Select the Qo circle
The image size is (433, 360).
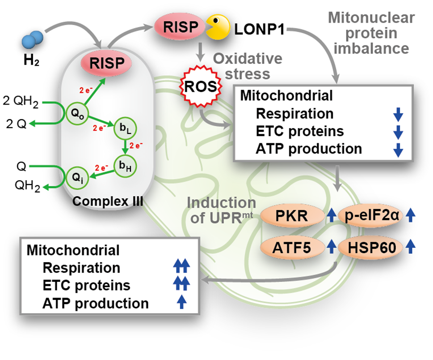[75, 111]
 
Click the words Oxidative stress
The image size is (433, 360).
[247, 67]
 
